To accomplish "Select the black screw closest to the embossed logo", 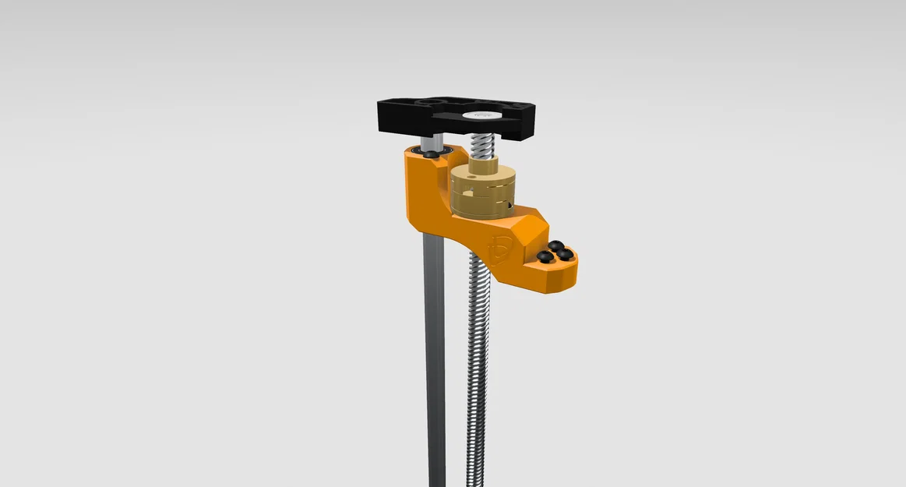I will [543, 256].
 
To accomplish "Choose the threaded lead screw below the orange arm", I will [476, 366].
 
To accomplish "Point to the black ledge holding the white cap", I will [499, 125].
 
